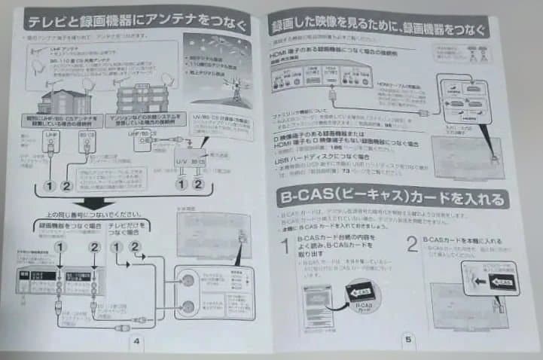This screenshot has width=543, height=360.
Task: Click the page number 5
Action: (x=407, y=339)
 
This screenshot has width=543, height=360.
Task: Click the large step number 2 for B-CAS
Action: (x=411, y=244)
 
